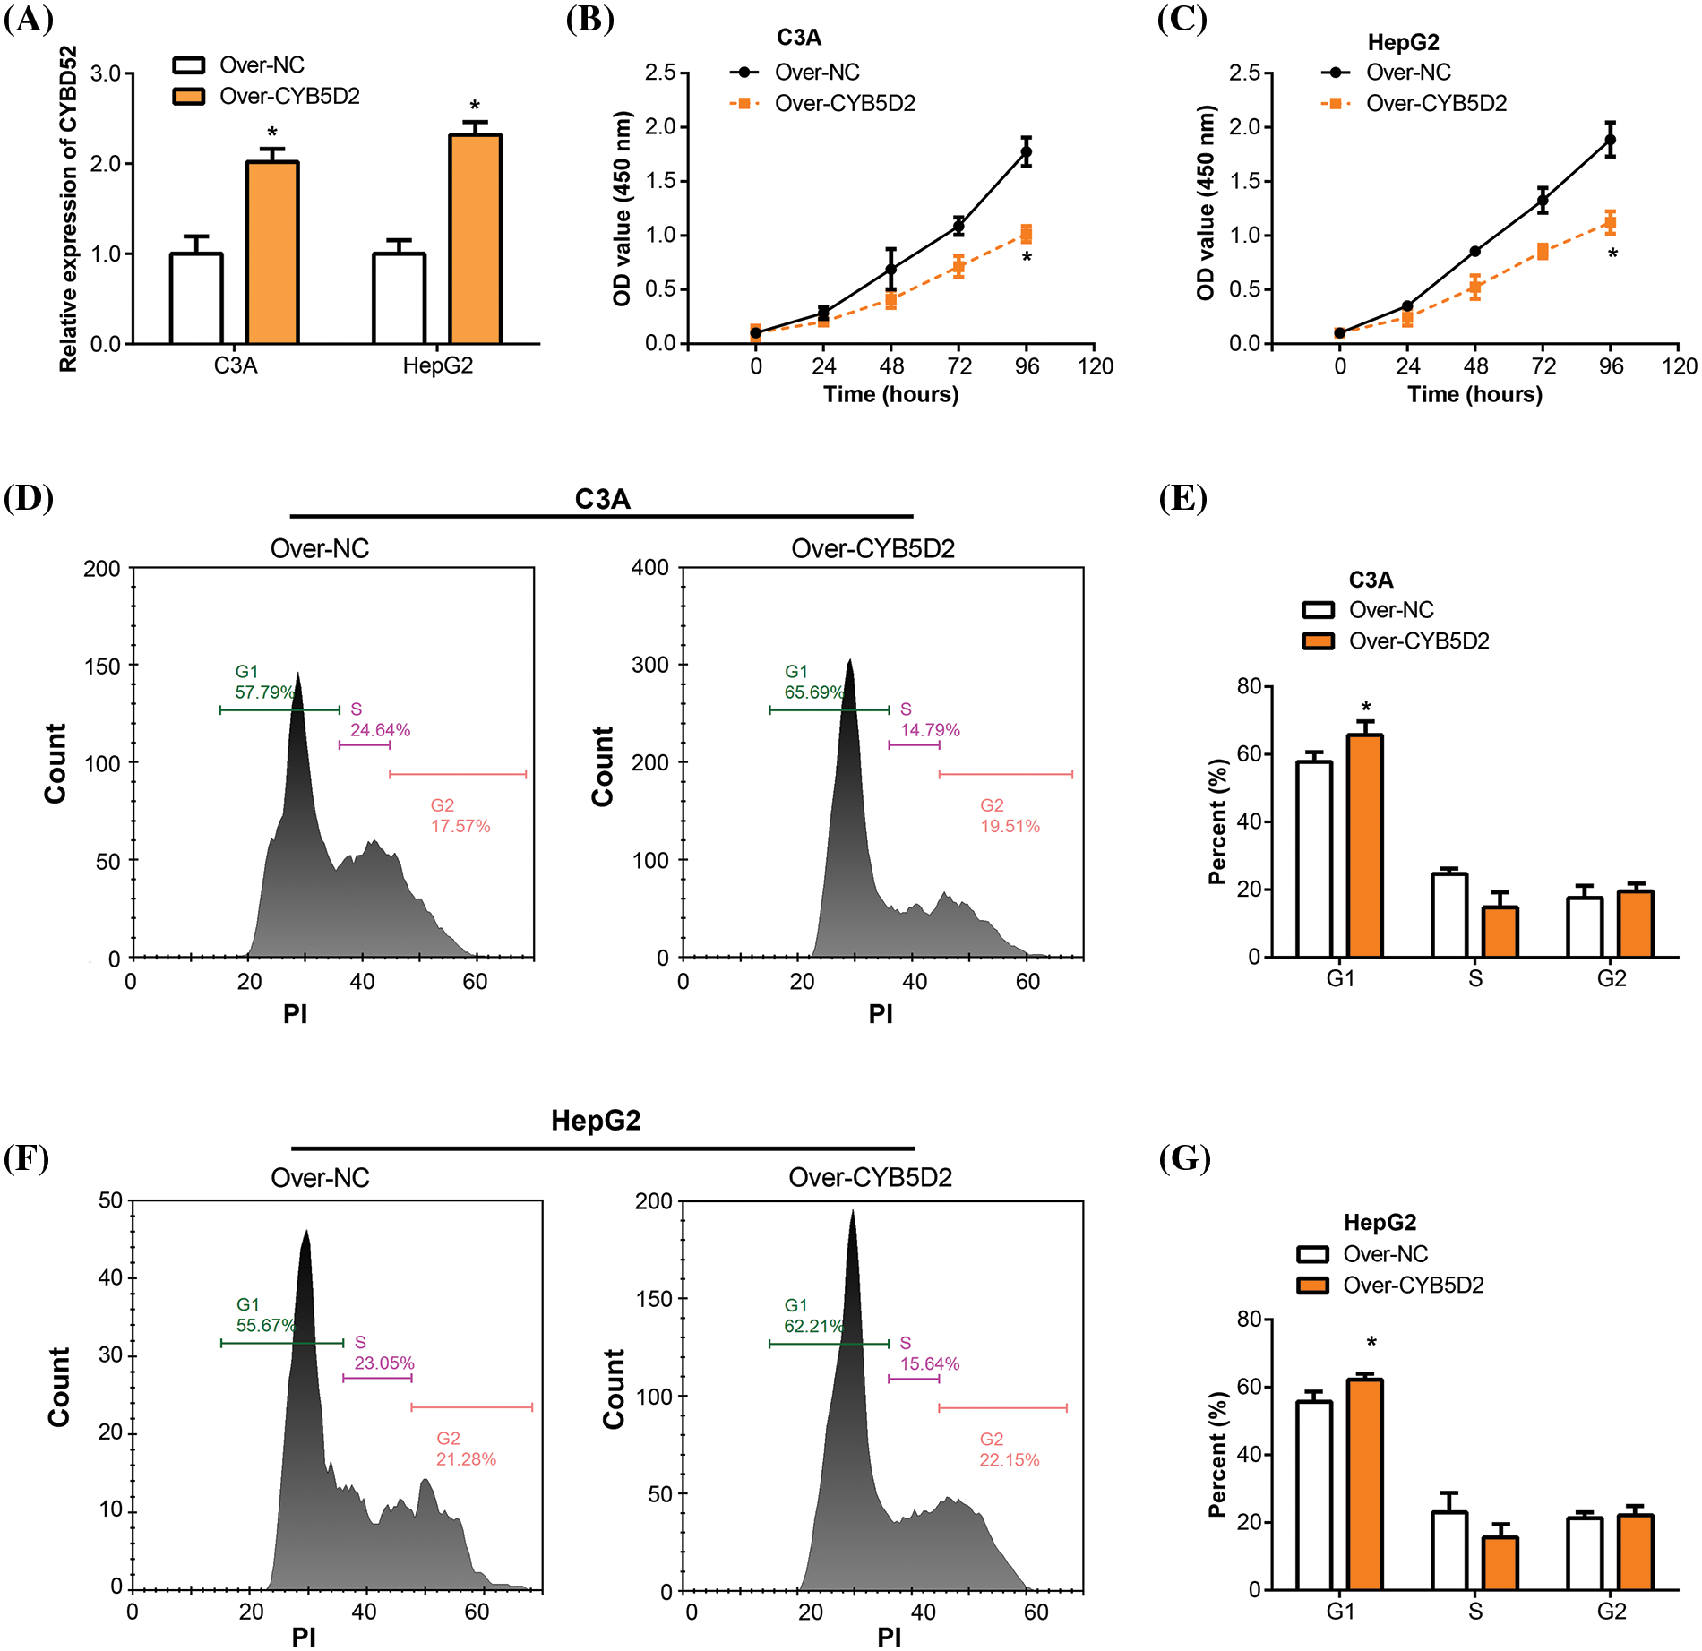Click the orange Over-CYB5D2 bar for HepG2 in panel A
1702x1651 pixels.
475,240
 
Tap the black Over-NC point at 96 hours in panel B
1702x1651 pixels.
1026,152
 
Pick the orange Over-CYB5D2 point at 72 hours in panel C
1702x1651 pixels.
1543,252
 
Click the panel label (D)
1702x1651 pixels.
29,498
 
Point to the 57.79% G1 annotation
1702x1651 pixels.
264,692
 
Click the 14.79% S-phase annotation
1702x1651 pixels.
930,730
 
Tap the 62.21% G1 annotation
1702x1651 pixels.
813,1326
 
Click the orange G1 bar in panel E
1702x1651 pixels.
1364,846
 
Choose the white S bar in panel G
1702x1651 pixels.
1448,1551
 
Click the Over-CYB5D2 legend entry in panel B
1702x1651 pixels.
845,104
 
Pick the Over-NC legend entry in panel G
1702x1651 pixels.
1385,1254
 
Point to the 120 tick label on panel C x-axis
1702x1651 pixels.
1679,366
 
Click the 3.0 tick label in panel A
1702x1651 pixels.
106,73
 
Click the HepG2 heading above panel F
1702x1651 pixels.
596,1121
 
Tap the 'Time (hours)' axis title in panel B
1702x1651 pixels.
890,395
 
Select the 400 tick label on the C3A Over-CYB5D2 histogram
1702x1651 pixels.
649,568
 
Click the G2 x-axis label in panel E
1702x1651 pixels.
1611,979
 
